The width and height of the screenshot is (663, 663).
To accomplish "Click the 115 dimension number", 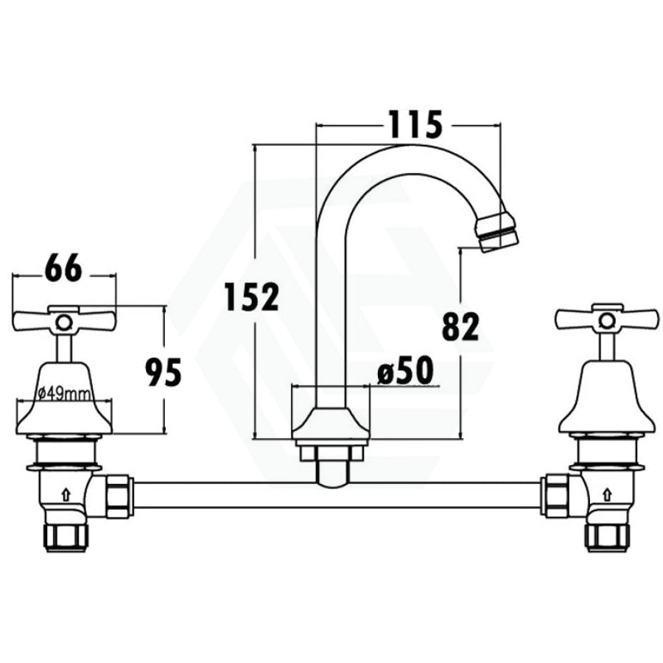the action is [x=415, y=124].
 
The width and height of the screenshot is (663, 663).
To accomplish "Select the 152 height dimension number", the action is [x=252, y=297].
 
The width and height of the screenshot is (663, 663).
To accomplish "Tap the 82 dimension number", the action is [x=460, y=326].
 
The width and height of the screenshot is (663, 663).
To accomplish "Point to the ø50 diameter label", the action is [x=405, y=370].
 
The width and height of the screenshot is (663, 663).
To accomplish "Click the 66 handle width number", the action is [x=63, y=268].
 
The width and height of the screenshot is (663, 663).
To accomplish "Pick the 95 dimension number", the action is [x=164, y=372].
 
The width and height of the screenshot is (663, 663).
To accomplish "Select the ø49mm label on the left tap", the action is [x=63, y=395].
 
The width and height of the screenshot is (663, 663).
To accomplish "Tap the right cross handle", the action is [x=608, y=317].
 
